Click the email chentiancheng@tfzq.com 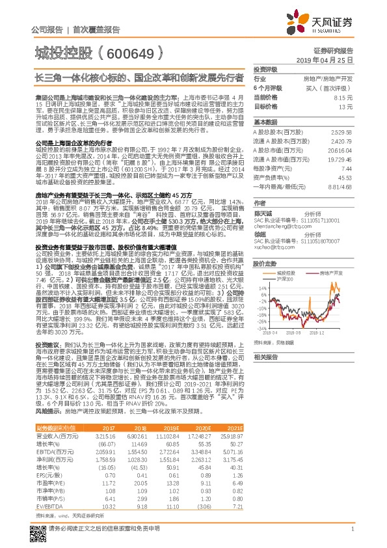279,219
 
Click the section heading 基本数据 265,122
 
